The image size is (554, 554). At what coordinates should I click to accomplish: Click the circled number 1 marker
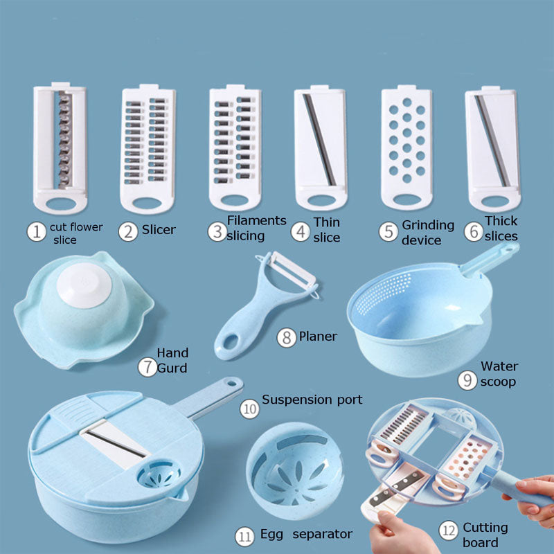tap(36, 231)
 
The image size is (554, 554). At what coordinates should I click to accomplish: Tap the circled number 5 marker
tap(388, 231)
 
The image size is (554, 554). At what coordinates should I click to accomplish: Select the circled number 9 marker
tap(467, 379)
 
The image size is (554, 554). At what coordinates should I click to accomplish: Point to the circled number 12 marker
tap(448, 531)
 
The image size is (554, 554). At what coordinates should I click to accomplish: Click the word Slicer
tap(159, 229)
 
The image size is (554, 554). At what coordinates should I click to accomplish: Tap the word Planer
tap(318, 337)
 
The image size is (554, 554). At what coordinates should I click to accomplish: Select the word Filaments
tap(256, 220)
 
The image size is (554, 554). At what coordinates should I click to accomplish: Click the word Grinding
tap(428, 225)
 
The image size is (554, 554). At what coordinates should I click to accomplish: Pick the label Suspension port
tap(312, 400)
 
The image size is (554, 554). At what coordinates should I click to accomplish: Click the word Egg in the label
tap(271, 534)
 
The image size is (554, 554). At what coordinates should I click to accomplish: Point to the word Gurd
tap(172, 368)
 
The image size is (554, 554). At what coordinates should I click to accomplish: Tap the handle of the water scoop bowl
tap(489, 259)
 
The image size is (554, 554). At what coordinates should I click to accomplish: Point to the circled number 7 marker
tap(146, 367)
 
